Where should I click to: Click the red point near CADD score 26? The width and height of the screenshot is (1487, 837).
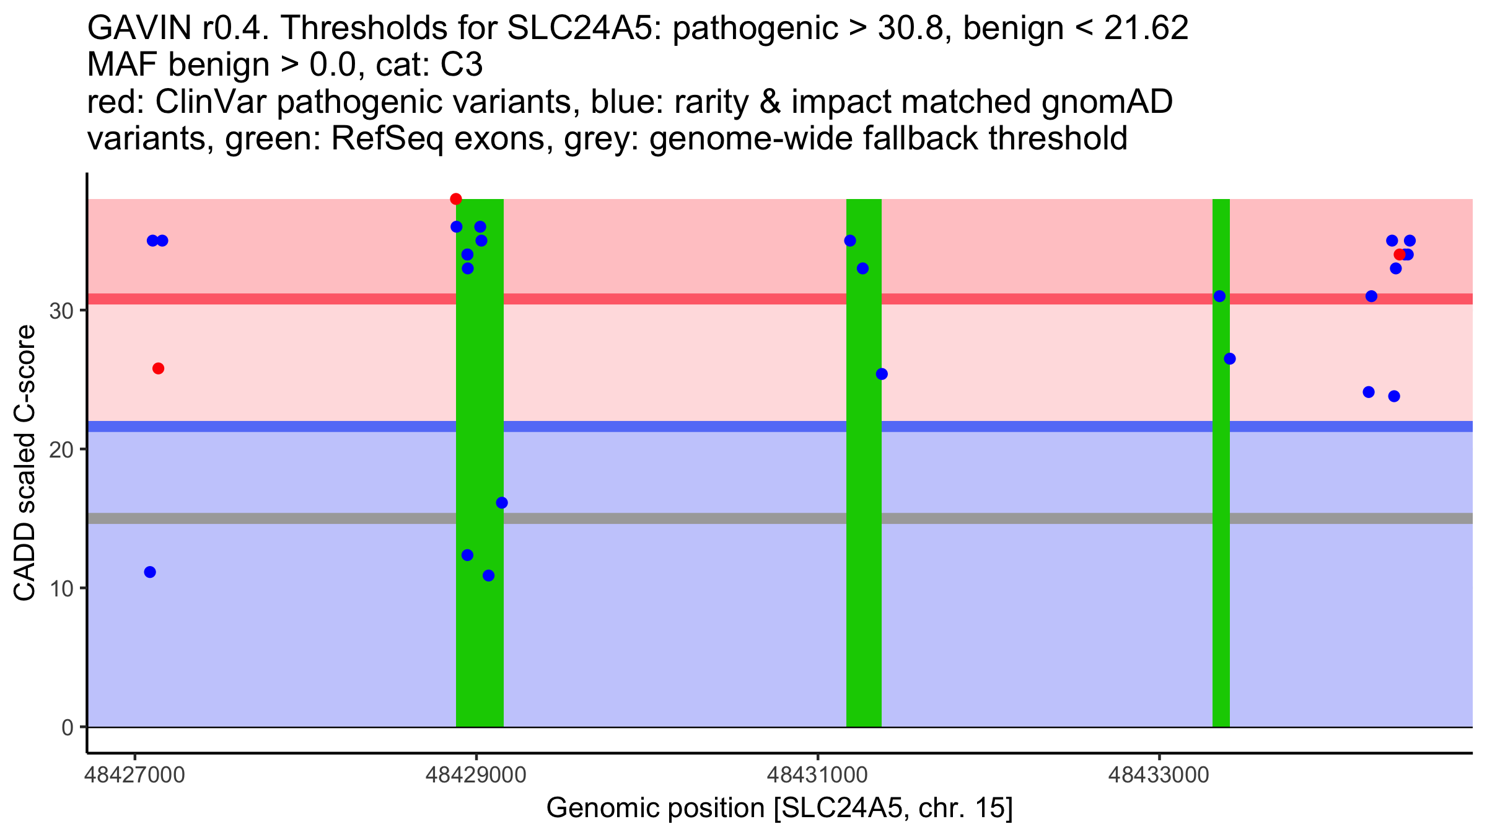(158, 368)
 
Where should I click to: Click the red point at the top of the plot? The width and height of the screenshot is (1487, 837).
(456, 199)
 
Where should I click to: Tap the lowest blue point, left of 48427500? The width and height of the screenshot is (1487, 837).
(150, 572)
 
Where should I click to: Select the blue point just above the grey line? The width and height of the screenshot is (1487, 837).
(502, 503)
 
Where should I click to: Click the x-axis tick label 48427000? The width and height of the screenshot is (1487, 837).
(135, 775)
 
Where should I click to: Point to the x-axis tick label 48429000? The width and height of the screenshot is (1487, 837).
(476, 775)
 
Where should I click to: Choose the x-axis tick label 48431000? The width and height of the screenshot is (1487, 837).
(818, 775)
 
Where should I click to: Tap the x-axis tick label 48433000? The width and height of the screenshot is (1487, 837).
(1159, 775)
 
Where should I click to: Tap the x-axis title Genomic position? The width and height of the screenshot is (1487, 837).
(779, 808)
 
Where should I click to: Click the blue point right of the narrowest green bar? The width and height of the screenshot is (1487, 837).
(1230, 359)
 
